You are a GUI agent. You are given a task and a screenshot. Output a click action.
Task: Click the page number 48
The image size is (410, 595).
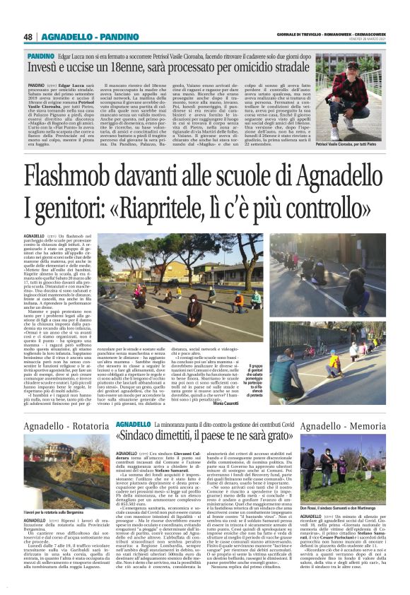tap(28, 37)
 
